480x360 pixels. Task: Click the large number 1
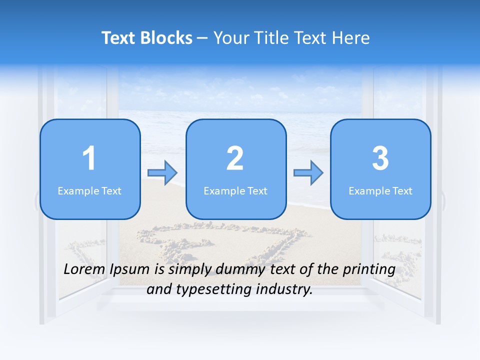89,158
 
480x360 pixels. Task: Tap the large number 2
235,158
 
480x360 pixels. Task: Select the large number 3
380,158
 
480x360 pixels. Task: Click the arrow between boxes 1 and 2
163,173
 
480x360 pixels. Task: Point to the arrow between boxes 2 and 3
308,173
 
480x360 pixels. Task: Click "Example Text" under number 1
89,190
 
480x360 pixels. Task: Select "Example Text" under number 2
235,190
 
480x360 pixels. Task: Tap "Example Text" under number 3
380,190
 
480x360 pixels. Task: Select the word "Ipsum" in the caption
129,270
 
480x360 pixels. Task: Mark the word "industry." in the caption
284,289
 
